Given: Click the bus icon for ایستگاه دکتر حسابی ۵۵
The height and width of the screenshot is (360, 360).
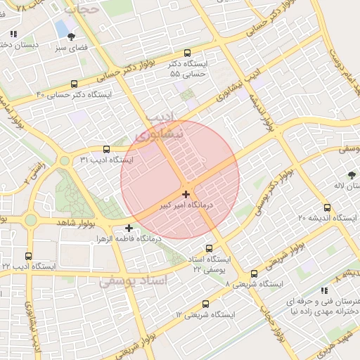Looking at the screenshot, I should click(187, 53).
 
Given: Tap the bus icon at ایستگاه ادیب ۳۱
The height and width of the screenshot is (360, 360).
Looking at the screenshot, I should click(106, 149).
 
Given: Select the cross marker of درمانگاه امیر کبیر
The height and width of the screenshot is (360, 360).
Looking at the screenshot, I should click(186, 193).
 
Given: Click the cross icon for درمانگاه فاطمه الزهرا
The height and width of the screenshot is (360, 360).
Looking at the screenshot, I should click(129, 228).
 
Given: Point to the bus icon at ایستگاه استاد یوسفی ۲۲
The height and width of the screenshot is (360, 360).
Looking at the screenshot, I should click(209, 248).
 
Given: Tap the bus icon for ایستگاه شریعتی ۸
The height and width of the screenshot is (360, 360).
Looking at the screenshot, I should click(254, 274).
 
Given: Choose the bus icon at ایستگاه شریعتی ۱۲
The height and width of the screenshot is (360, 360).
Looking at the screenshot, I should click(205, 304).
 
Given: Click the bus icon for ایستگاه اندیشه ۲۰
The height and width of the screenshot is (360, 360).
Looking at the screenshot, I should click(327, 207).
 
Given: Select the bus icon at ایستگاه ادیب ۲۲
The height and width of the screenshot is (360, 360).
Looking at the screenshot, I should click(28, 256).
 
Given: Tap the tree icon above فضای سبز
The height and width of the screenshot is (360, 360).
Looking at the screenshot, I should click(71, 36).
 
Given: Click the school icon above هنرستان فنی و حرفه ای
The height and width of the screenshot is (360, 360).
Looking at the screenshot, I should click(323, 290).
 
